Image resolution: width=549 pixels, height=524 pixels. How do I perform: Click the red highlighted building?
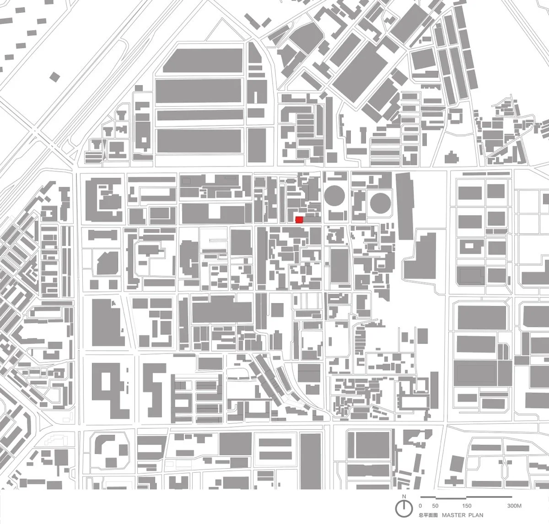(x=299, y=220)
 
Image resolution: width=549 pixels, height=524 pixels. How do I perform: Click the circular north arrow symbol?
(x=404, y=507)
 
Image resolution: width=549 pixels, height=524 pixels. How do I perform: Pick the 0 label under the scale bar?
(x=420, y=506)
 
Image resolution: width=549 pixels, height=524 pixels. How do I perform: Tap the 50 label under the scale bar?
(x=436, y=506)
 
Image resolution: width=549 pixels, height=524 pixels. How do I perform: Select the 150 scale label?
(x=466, y=506)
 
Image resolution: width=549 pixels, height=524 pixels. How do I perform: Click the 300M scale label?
(x=514, y=506)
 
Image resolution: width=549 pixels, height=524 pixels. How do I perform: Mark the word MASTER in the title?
(x=455, y=515)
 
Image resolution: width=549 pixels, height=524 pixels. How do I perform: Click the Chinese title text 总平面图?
(x=428, y=515)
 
